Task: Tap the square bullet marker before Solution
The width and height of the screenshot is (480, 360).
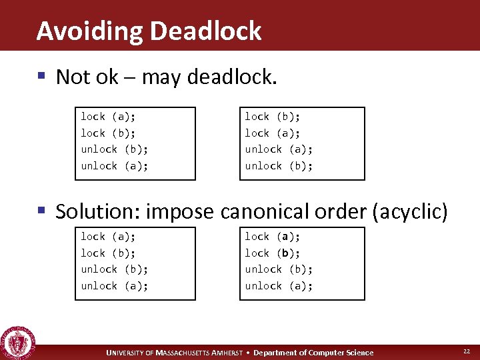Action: pos(42,211)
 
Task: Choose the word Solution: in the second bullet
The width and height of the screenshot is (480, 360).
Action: pos(98,211)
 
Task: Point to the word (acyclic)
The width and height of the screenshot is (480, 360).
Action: pos(410,211)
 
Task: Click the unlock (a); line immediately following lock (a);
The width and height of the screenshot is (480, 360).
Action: pos(279,149)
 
